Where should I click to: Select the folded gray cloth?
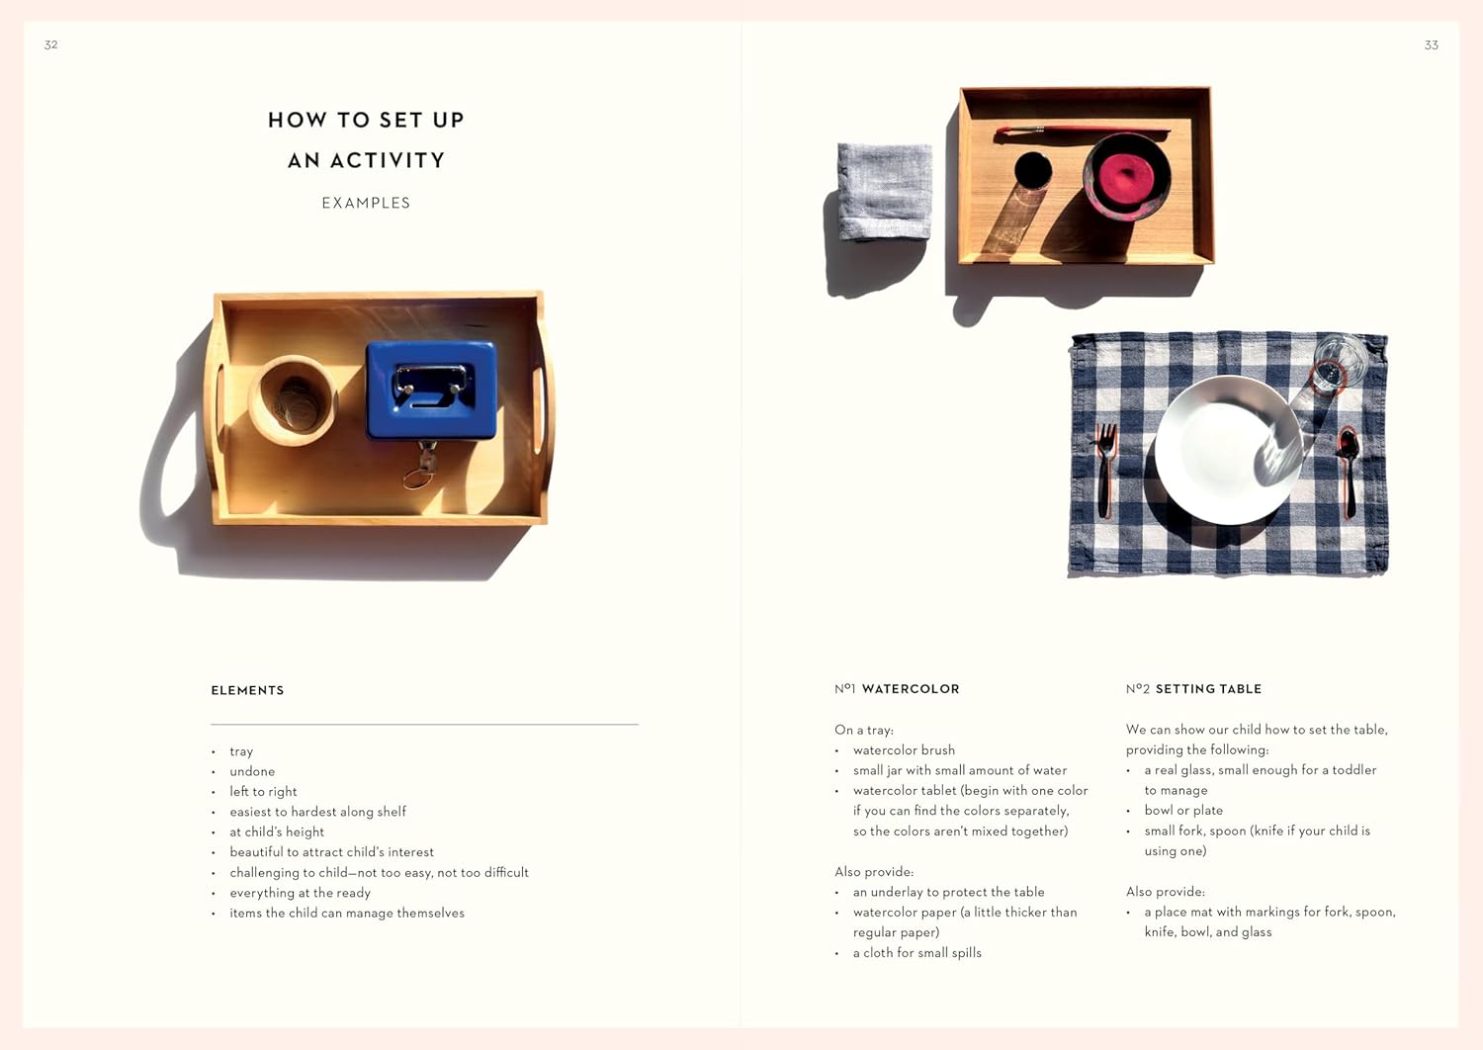coord(885,191)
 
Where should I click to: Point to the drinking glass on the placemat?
coord(1337,363)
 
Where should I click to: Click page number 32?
coord(51,44)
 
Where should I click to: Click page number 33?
coord(1431,45)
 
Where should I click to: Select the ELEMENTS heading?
coord(247,690)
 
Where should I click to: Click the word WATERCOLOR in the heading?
coord(910,689)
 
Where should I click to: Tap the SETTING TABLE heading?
coord(1208,689)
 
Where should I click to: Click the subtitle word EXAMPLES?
coord(366,203)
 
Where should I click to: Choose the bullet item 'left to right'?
coord(263,791)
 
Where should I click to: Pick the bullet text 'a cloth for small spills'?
coord(917,952)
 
